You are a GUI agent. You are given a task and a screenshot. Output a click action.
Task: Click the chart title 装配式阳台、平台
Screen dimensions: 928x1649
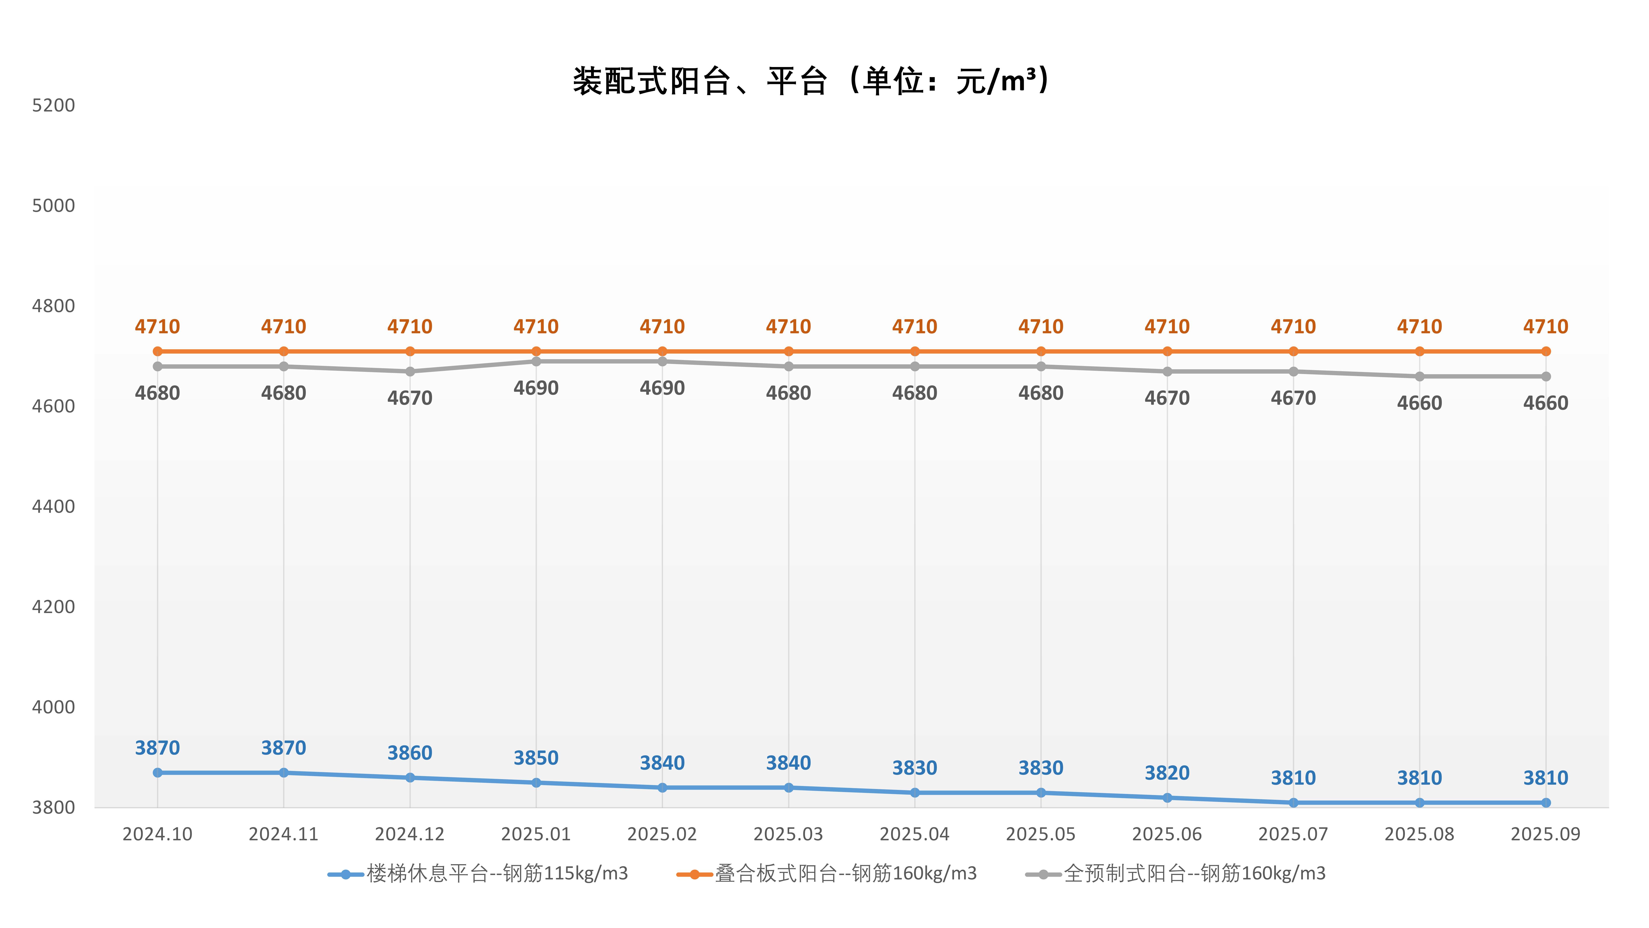tap(810, 81)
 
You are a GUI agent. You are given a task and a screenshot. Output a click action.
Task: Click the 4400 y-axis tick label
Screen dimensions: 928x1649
tap(54, 507)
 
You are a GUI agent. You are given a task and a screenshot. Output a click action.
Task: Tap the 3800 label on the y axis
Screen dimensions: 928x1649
tap(54, 808)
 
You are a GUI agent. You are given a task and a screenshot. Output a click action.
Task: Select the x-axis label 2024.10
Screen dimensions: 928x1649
tap(157, 835)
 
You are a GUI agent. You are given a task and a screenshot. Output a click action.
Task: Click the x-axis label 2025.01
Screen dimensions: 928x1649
tap(536, 835)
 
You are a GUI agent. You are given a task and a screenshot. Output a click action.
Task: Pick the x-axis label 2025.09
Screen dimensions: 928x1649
tap(1545, 835)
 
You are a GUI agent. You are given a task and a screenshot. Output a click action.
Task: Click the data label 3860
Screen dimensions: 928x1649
tap(410, 753)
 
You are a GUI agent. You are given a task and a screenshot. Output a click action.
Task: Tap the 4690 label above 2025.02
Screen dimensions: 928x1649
tap(662, 388)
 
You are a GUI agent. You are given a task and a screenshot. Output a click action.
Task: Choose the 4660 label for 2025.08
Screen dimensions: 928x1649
tap(1419, 403)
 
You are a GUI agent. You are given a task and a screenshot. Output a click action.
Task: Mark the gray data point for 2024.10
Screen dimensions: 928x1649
tap(157, 366)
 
